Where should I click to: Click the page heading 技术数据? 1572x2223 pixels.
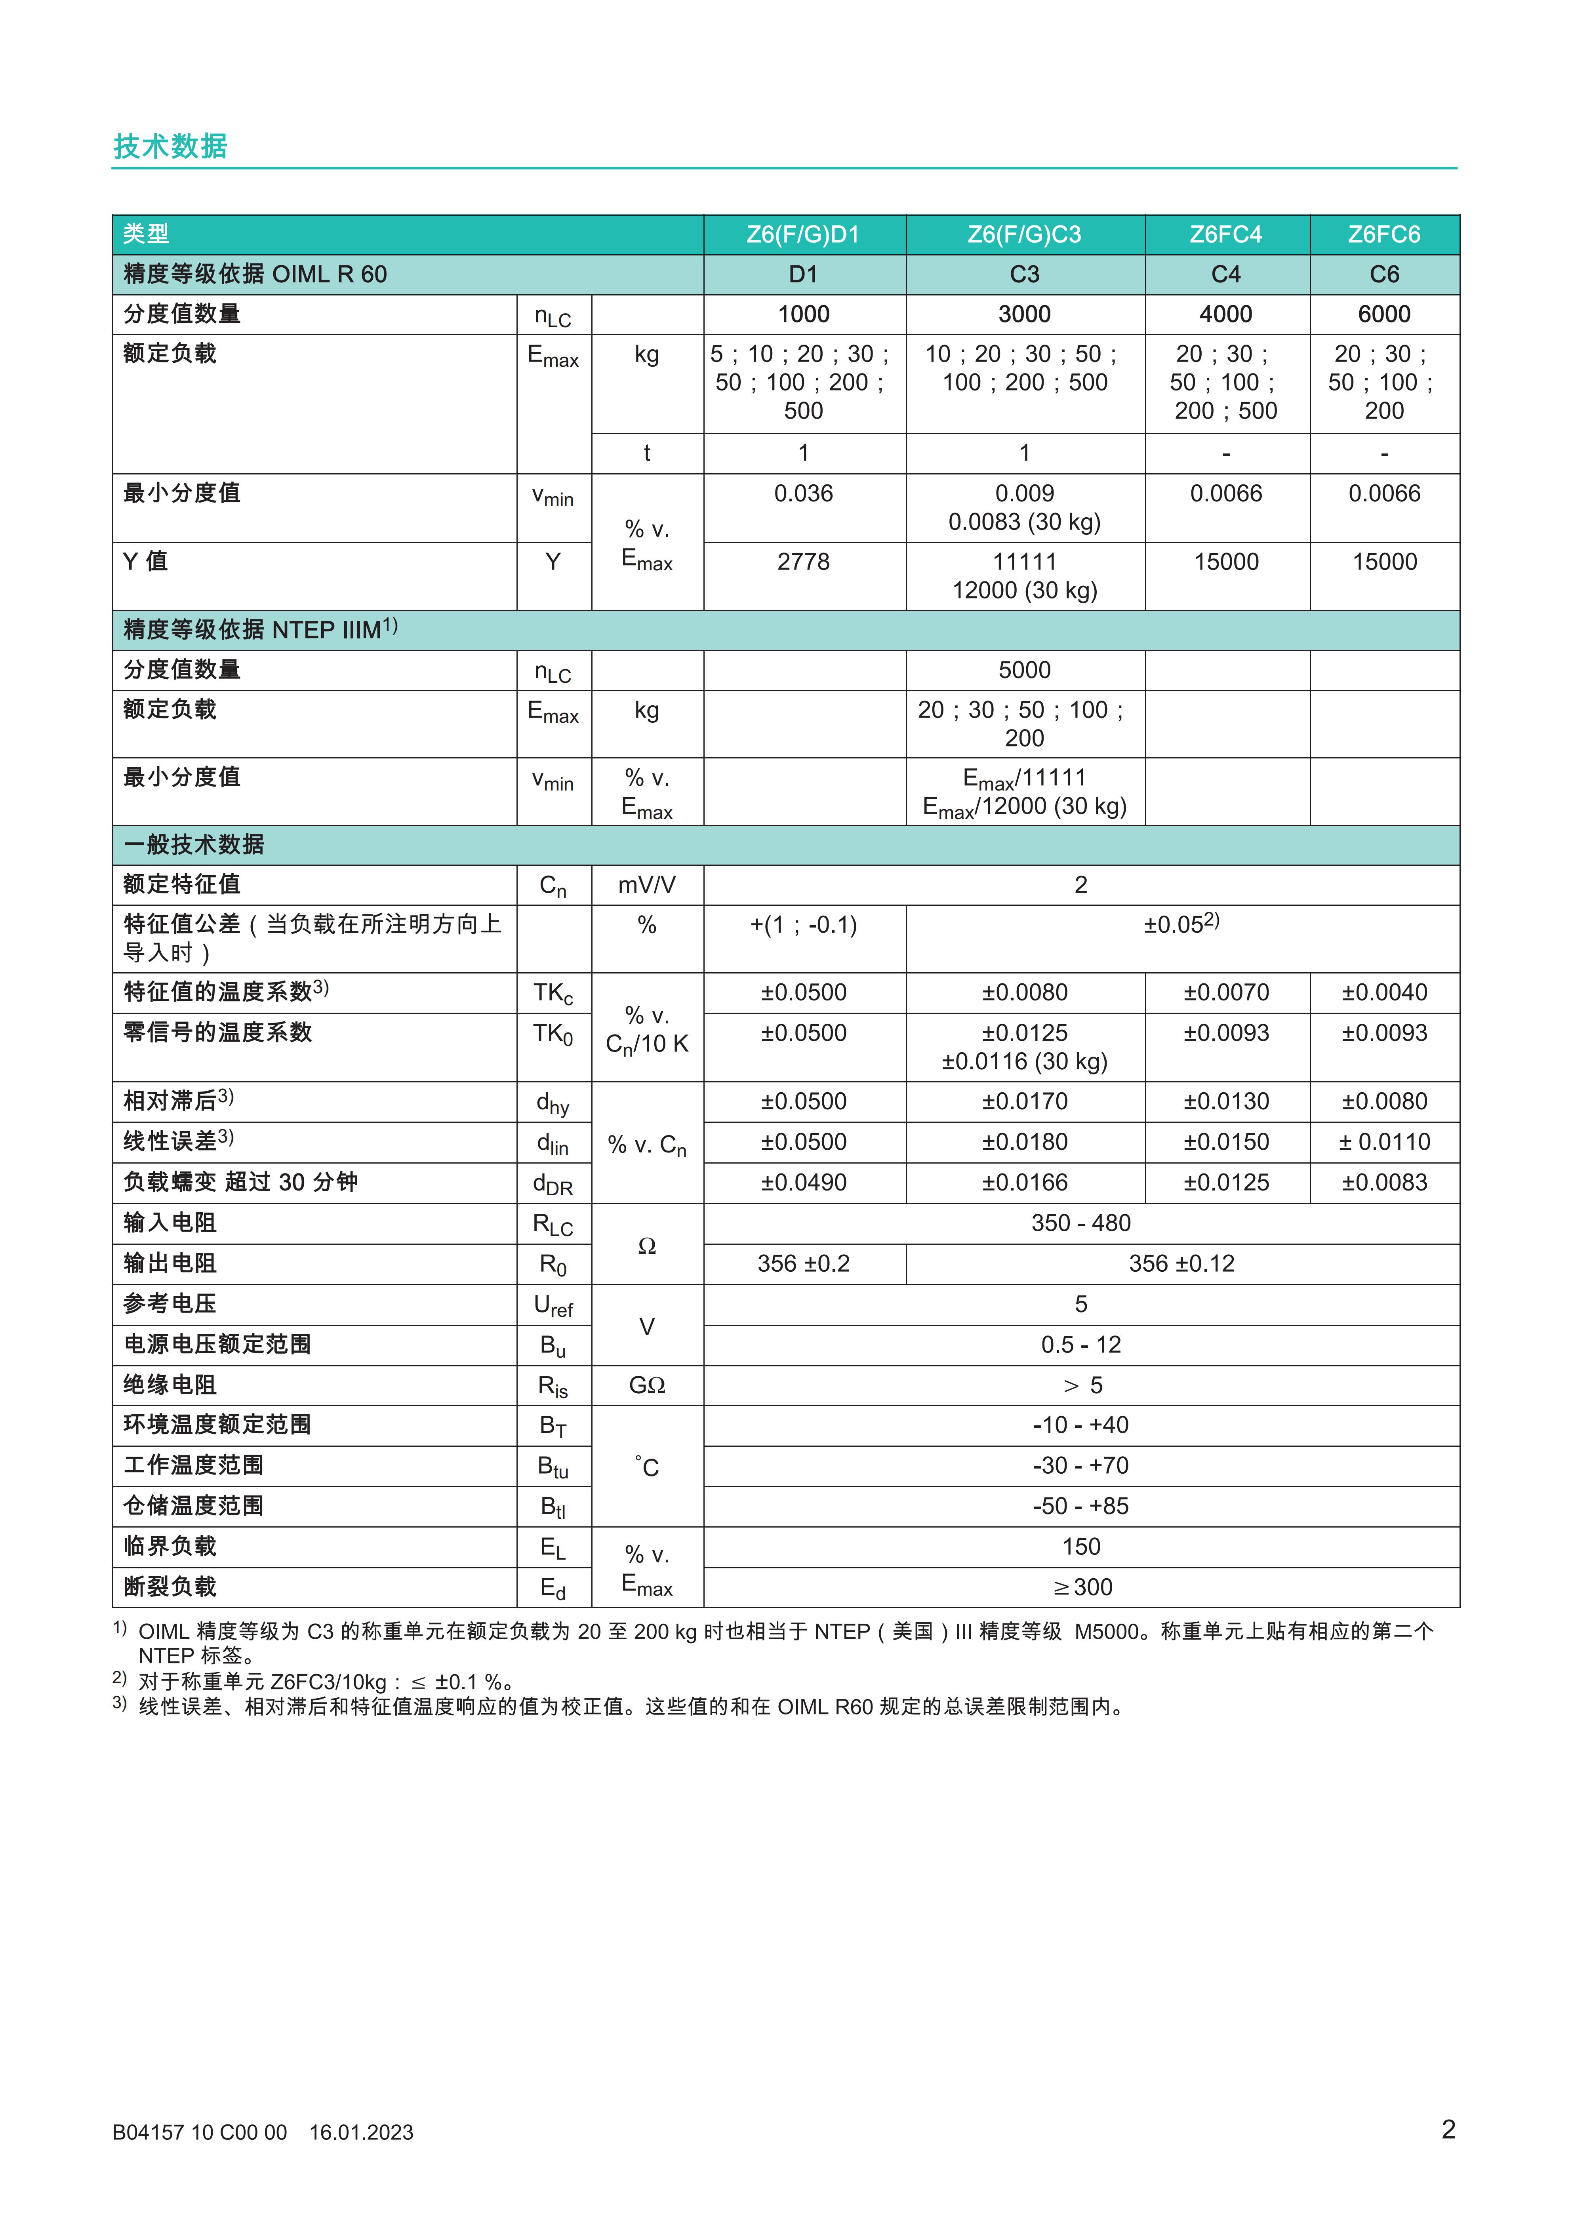[x=170, y=146]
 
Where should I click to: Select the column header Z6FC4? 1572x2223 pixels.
[x=1225, y=234]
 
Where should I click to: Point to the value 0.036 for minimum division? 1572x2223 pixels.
[x=803, y=494]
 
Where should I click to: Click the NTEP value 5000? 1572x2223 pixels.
[x=1024, y=670]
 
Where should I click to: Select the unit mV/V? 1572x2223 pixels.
[x=647, y=885]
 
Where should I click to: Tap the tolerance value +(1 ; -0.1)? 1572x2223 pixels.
[x=803, y=926]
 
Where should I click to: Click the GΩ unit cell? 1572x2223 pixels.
[x=647, y=1385]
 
